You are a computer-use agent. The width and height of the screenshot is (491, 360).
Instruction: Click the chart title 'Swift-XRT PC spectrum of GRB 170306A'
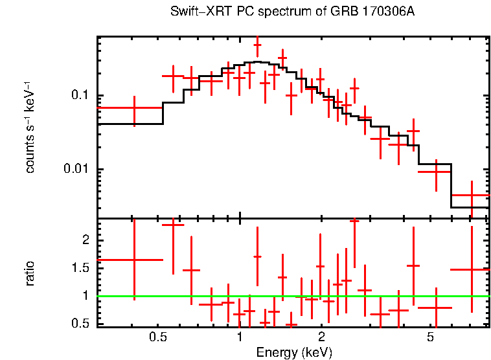coord(292,12)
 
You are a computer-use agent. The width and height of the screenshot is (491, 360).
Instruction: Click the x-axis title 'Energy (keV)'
coord(294,352)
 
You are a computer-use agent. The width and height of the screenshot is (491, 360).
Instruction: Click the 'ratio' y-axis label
coord(30,273)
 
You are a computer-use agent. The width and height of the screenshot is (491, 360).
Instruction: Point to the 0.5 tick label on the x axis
coord(158,337)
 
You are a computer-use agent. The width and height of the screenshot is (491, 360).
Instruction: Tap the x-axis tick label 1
coord(240,337)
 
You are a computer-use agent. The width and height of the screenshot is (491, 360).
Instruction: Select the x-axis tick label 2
coord(321,337)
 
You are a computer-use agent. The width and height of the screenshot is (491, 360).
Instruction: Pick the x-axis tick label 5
coord(429,337)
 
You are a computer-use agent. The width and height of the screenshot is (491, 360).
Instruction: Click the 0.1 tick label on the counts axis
coord(80,96)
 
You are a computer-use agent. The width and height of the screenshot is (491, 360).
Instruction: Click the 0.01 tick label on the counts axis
coord(76,170)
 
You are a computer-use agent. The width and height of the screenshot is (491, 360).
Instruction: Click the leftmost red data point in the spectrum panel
coord(134,108)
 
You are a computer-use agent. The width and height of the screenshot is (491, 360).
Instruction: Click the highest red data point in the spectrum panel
coord(257,45)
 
